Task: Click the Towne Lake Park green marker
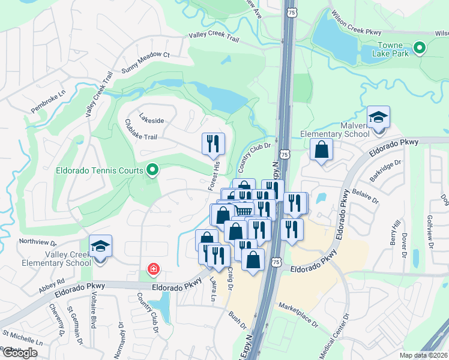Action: [x=420, y=47]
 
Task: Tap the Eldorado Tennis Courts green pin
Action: [x=152, y=170]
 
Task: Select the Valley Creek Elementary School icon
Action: [x=100, y=247]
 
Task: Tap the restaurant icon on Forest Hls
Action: [x=213, y=144]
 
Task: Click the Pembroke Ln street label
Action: [x=49, y=102]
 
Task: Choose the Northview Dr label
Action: [x=37, y=242]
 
